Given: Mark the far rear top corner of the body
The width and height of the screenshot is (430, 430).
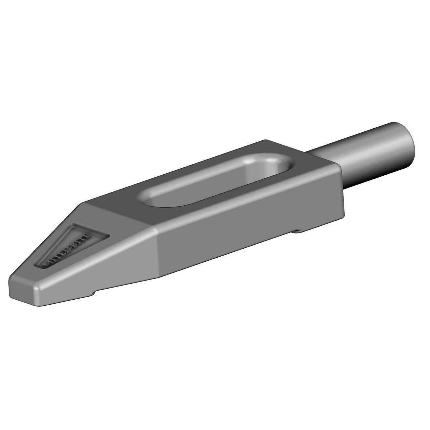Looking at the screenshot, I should click(x=265, y=140).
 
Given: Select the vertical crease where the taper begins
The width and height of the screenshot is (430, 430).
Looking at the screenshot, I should click(x=157, y=252).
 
